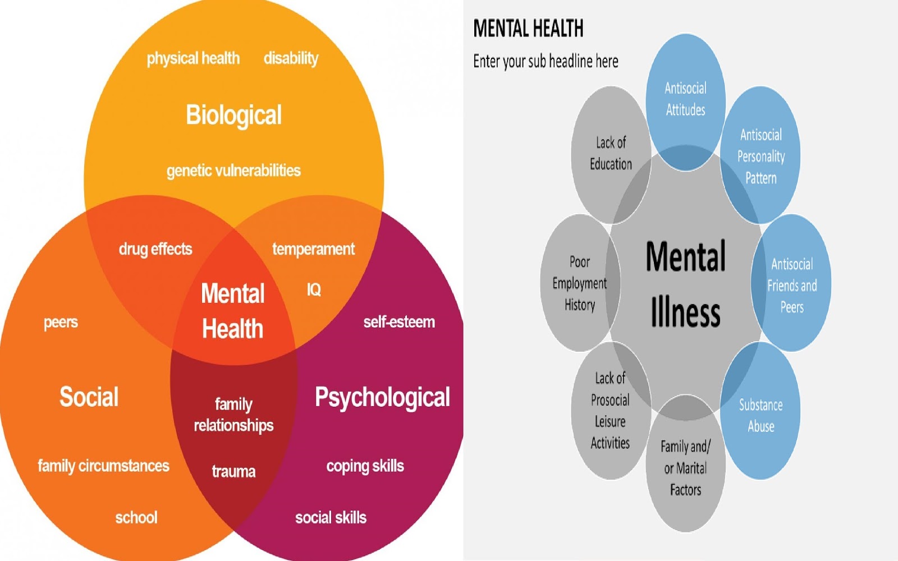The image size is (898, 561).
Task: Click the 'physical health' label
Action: click(193, 58)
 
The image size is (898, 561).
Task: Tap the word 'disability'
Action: click(291, 58)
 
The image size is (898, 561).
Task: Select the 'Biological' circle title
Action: click(233, 115)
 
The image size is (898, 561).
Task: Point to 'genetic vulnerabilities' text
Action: click(233, 171)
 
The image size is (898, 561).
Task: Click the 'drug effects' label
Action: click(155, 249)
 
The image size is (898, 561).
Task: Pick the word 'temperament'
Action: click(313, 249)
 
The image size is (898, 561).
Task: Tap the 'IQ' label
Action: click(314, 289)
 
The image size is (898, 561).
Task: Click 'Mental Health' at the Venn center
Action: click(233, 311)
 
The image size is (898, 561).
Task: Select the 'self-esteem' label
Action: click(399, 322)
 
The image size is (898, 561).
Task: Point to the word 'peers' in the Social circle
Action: click(61, 323)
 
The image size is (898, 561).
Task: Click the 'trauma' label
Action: click(233, 471)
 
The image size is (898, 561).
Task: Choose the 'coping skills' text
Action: click(365, 466)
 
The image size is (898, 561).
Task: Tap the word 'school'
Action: click(136, 517)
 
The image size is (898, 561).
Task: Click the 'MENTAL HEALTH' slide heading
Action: click(528, 29)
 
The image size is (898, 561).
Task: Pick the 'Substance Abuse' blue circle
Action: click(761, 415)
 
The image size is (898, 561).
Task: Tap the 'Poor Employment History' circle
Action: click(579, 283)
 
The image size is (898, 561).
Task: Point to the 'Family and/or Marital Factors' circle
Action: click(685, 468)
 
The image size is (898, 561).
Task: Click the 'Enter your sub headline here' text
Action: click(546, 61)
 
